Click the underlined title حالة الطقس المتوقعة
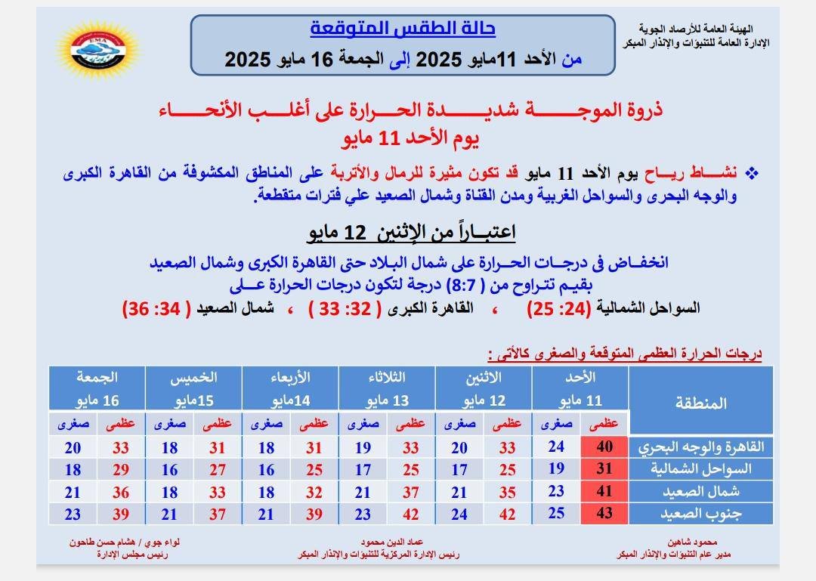pyautogui.click(x=403, y=29)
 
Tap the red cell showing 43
pyautogui.click(x=604, y=514)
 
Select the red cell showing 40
pyautogui.click(x=604, y=447)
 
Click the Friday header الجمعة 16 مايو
pyautogui.click(x=97, y=388)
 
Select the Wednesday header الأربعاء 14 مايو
pyautogui.click(x=290, y=388)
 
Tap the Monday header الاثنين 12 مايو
pyautogui.click(x=484, y=388)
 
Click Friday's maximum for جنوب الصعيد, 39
pyautogui.click(x=121, y=514)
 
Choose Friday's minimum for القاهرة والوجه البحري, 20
pyautogui.click(x=73, y=447)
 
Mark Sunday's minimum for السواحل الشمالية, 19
pyautogui.click(x=556, y=469)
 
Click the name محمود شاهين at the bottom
pyautogui.click(x=688, y=542)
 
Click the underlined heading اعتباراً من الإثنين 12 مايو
pyautogui.click(x=411, y=231)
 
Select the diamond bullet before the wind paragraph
pyautogui.click(x=752, y=172)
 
